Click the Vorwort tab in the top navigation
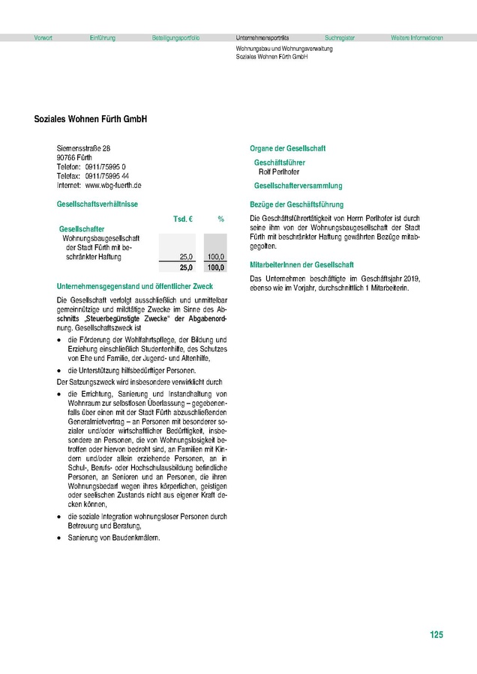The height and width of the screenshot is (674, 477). tap(43, 37)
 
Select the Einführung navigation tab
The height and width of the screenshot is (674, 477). tap(102, 37)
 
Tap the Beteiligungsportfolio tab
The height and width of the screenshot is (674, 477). tap(175, 37)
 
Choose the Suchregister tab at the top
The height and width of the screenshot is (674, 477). tap(340, 37)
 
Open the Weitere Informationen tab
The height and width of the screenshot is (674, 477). tap(416, 37)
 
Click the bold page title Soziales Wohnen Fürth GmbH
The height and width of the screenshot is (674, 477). tap(91, 119)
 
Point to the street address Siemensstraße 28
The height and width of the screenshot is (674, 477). tap(84, 149)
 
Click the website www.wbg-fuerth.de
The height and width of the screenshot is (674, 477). tap(113, 185)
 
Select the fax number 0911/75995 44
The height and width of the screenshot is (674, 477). tap(111, 176)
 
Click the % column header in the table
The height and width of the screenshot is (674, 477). tap(221, 219)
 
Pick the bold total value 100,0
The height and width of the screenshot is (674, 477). tap(215, 267)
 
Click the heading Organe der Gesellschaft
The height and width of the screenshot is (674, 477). tap(287, 148)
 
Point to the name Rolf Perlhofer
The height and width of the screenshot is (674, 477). tap(279, 171)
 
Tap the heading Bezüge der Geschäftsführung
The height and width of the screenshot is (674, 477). tap(296, 204)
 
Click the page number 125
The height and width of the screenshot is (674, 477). tap(436, 635)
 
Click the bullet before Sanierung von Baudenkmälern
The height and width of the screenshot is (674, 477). tap(59, 538)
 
